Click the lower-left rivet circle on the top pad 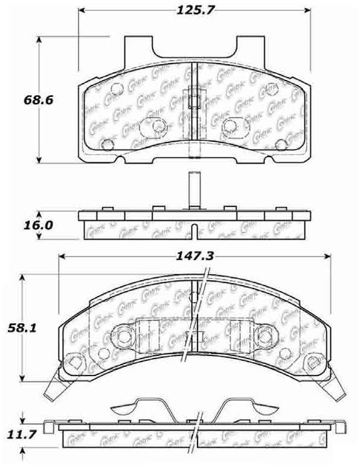108,145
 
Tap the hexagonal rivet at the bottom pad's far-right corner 314,363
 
